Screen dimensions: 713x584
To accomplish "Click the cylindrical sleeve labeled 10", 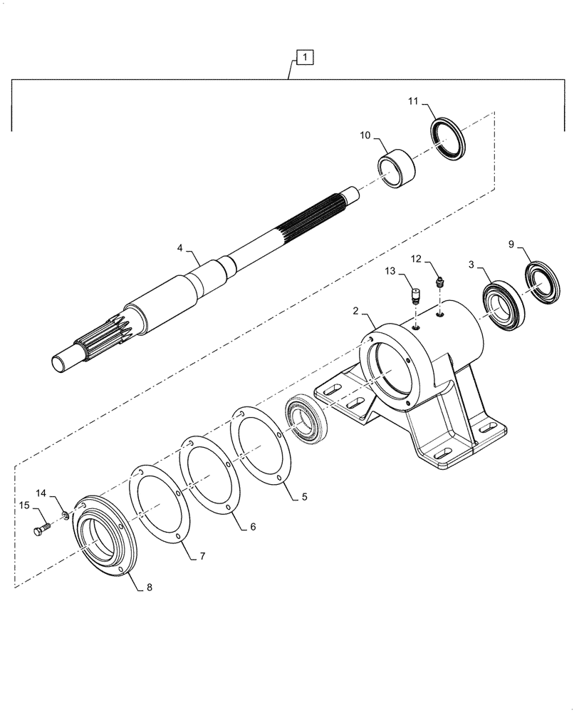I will [397, 170].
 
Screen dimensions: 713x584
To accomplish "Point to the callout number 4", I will [180, 247].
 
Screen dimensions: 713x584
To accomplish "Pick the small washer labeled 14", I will [66, 513].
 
